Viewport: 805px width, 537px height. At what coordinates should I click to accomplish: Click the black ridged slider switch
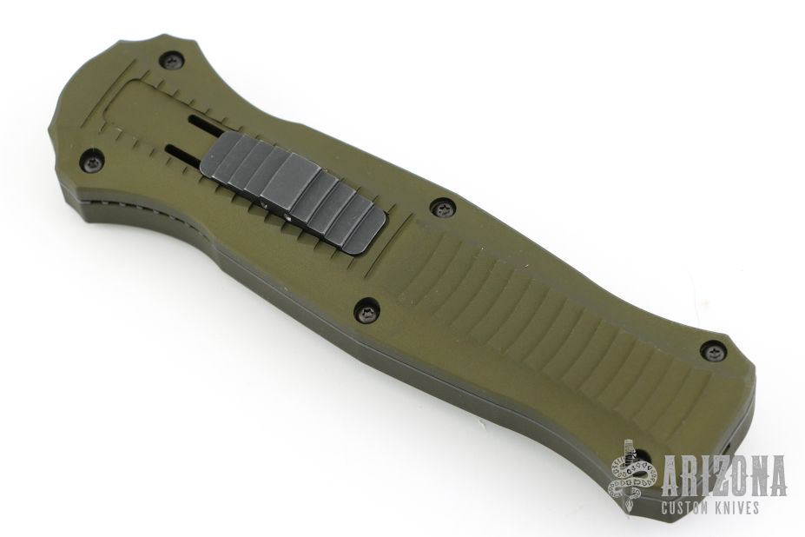(x=294, y=191)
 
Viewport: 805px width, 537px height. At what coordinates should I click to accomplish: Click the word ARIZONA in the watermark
(x=723, y=476)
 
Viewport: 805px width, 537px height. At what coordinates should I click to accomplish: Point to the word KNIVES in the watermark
(x=740, y=508)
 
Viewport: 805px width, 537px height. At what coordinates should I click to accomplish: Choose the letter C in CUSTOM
(x=665, y=508)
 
